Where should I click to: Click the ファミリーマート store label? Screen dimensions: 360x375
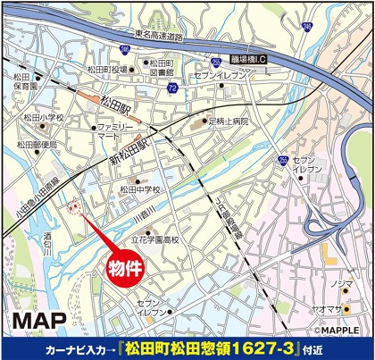[x=108, y=133]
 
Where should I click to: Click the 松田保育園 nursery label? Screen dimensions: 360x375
[x=21, y=81]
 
